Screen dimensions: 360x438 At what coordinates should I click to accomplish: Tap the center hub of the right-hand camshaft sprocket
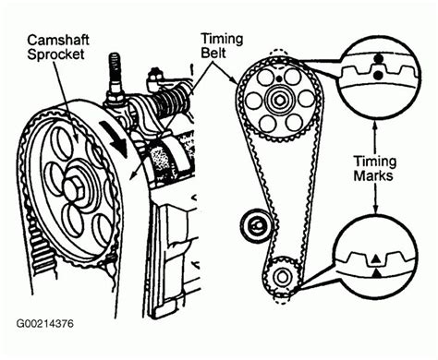279,99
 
